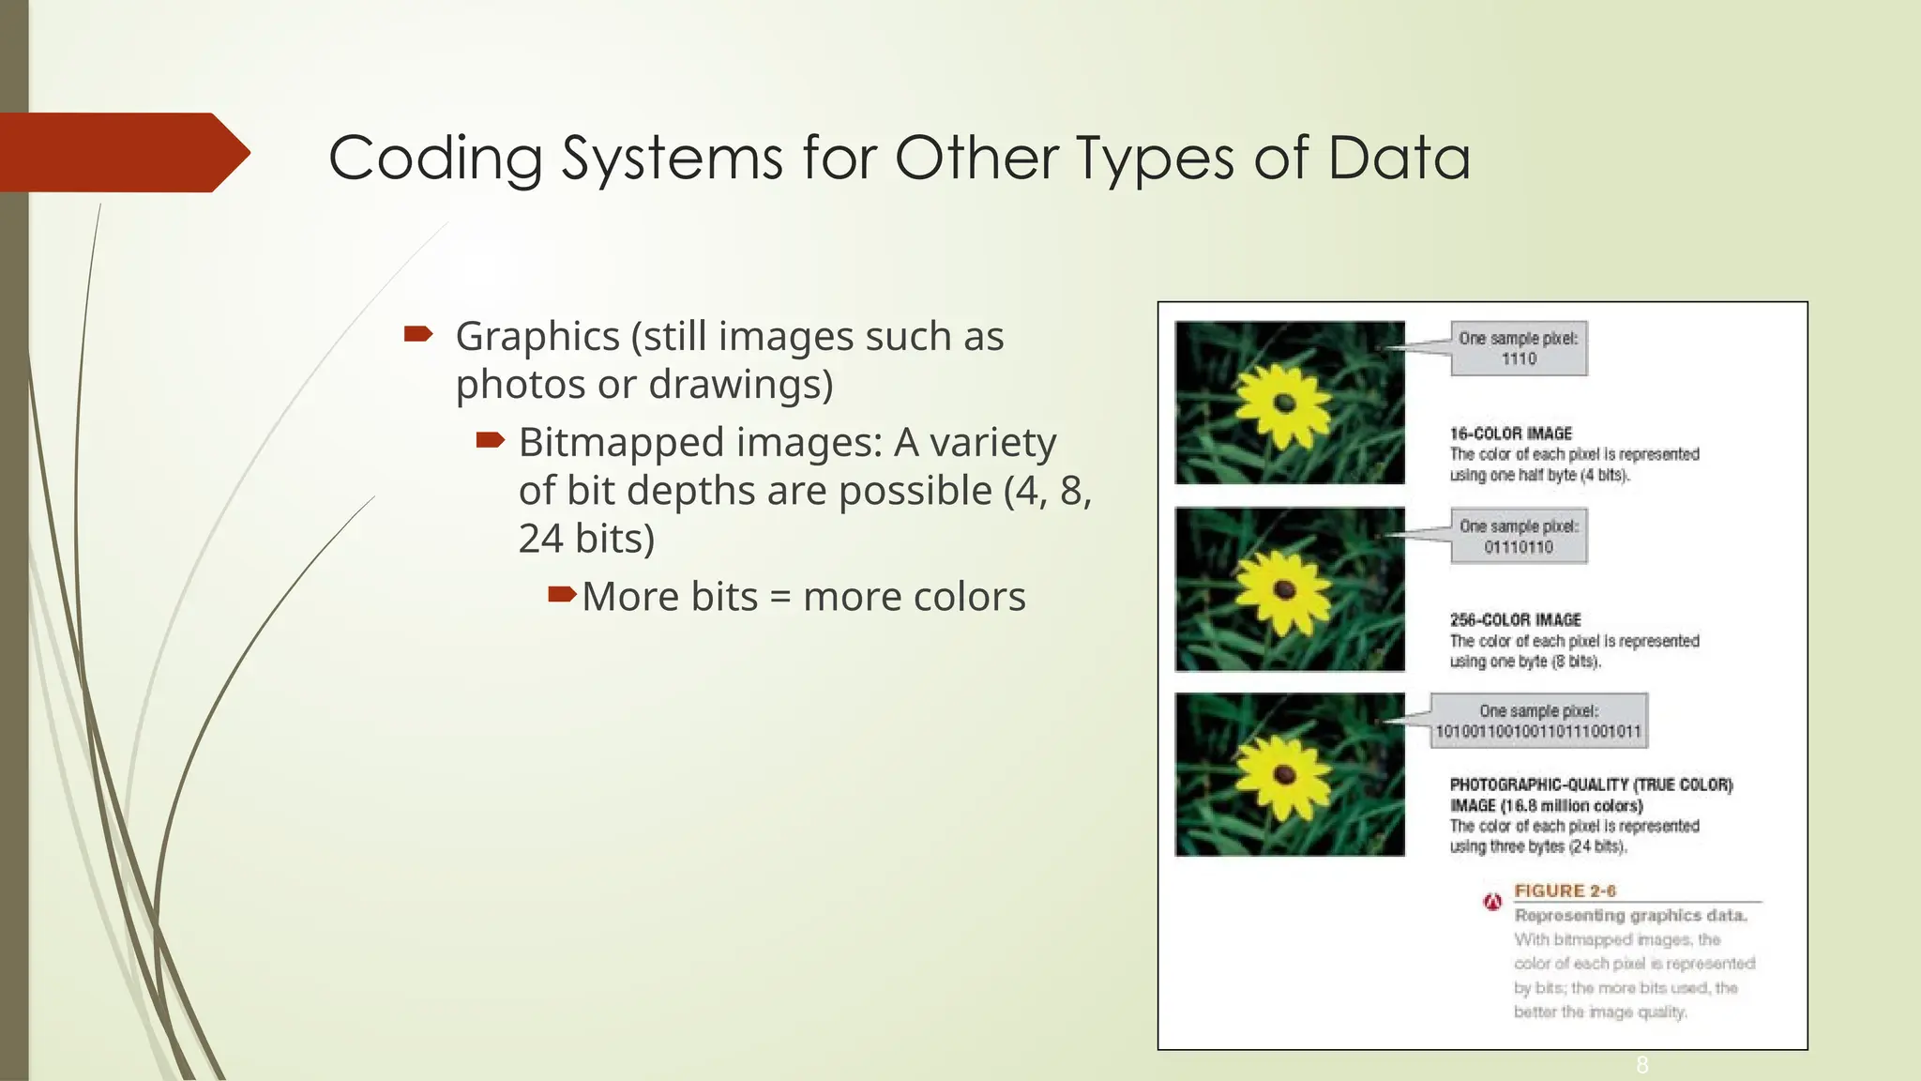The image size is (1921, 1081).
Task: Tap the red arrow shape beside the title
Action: point(122,153)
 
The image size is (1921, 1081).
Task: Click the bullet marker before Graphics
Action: point(417,334)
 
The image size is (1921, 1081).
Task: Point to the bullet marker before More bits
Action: point(561,594)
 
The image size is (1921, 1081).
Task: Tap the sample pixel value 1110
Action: point(1519,359)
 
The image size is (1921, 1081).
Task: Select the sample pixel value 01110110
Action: point(1519,547)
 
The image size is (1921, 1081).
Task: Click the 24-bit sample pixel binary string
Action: point(1538,732)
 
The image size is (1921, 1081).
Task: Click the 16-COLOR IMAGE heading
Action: point(1510,434)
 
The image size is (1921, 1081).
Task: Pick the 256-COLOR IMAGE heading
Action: point(1515,620)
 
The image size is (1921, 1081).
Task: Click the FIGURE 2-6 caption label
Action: point(1565,891)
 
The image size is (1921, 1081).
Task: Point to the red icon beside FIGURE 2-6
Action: point(1492,903)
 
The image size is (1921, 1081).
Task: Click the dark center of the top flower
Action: point(1284,404)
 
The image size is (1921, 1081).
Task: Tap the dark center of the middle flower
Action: point(1284,590)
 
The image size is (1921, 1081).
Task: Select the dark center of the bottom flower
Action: point(1284,775)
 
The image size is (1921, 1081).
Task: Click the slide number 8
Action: point(1641,1064)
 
